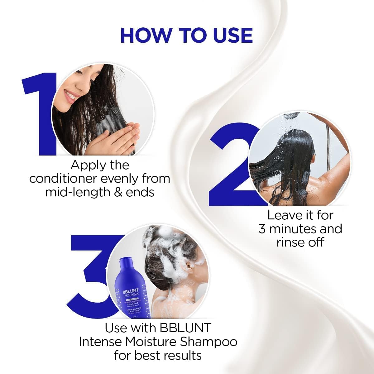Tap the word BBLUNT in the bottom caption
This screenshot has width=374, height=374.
click(x=185, y=328)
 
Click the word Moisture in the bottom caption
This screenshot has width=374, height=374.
click(x=151, y=342)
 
